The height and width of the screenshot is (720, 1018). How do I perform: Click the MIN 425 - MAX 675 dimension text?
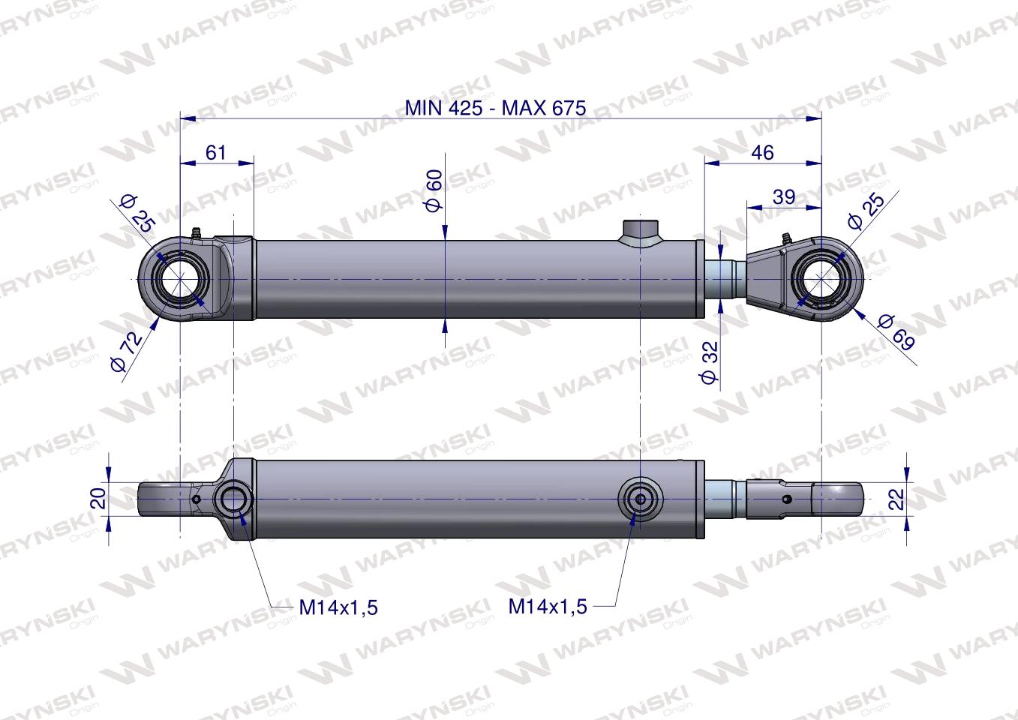[x=495, y=107]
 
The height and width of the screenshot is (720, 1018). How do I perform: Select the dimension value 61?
[x=215, y=152]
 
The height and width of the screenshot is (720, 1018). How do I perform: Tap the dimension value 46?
[x=762, y=152]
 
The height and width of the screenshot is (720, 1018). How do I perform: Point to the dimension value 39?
[x=784, y=196]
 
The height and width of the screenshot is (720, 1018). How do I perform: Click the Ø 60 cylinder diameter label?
[x=434, y=190]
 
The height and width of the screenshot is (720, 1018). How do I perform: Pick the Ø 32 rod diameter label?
[x=710, y=362]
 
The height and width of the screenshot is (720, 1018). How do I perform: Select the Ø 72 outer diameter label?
[x=125, y=352]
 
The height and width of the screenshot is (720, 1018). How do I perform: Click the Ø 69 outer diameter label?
[x=896, y=333]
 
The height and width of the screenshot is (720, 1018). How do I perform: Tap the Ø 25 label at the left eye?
[x=137, y=212]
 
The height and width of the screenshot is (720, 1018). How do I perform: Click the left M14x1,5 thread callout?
[x=338, y=607]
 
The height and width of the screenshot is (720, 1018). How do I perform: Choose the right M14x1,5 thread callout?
[x=548, y=606]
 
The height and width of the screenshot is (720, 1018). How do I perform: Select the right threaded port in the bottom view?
[x=640, y=498]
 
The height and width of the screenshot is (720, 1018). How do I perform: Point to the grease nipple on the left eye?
[x=197, y=233]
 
